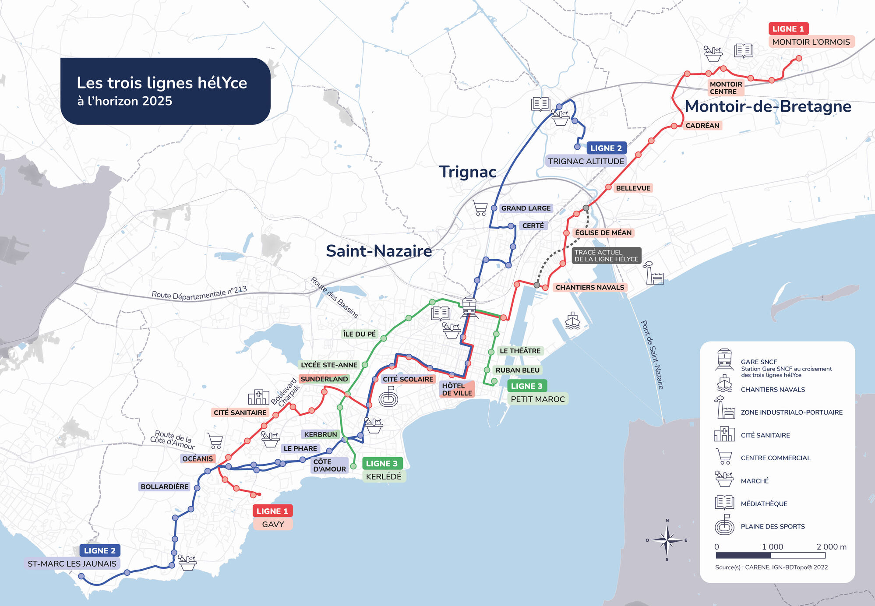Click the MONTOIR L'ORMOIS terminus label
(811, 42)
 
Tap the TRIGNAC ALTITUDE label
(586, 161)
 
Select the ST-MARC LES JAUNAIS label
(72, 564)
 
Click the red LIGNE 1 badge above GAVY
(272, 511)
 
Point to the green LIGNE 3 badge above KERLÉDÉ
(382, 463)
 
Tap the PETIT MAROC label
(538, 399)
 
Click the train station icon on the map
(469, 305)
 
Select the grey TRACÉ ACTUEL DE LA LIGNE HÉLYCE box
(606, 255)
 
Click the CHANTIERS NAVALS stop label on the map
(589, 287)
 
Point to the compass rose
(667, 540)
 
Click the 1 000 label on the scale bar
(773, 546)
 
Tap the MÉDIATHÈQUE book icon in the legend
(724, 503)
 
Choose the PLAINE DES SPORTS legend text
(773, 526)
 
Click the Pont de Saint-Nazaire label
(652, 355)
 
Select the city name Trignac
(467, 172)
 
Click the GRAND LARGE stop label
(526, 208)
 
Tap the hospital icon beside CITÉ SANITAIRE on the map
(258, 397)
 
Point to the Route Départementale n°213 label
(199, 292)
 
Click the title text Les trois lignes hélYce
(162, 83)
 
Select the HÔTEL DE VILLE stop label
(457, 389)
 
